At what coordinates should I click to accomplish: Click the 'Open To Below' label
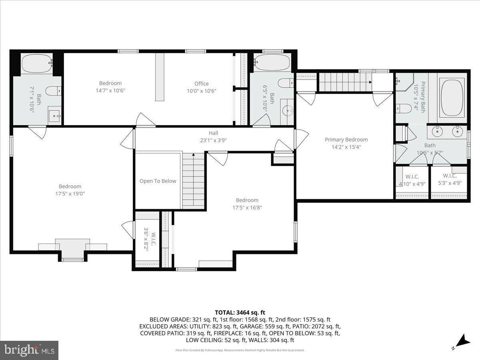pyautogui.click(x=158, y=181)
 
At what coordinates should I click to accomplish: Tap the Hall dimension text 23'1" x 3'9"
pyautogui.click(x=213, y=140)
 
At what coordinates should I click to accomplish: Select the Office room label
pyautogui.click(x=201, y=84)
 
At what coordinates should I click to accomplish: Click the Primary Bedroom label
pyautogui.click(x=346, y=140)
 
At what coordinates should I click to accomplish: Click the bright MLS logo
pyautogui.click(x=29, y=350)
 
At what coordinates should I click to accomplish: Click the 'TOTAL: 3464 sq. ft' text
pyautogui.click(x=240, y=312)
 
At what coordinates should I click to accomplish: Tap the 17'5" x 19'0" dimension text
pyautogui.click(x=70, y=194)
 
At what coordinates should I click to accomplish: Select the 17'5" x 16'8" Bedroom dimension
pyautogui.click(x=247, y=208)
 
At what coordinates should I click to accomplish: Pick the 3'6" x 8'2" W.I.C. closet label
pyautogui.click(x=146, y=239)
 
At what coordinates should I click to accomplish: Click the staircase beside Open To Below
pyautogui.click(x=194, y=180)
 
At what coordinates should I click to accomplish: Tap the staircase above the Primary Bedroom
pyautogui.click(x=344, y=82)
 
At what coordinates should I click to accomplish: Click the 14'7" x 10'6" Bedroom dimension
pyautogui.click(x=110, y=90)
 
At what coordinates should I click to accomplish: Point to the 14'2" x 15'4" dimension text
pyautogui.click(x=346, y=147)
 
